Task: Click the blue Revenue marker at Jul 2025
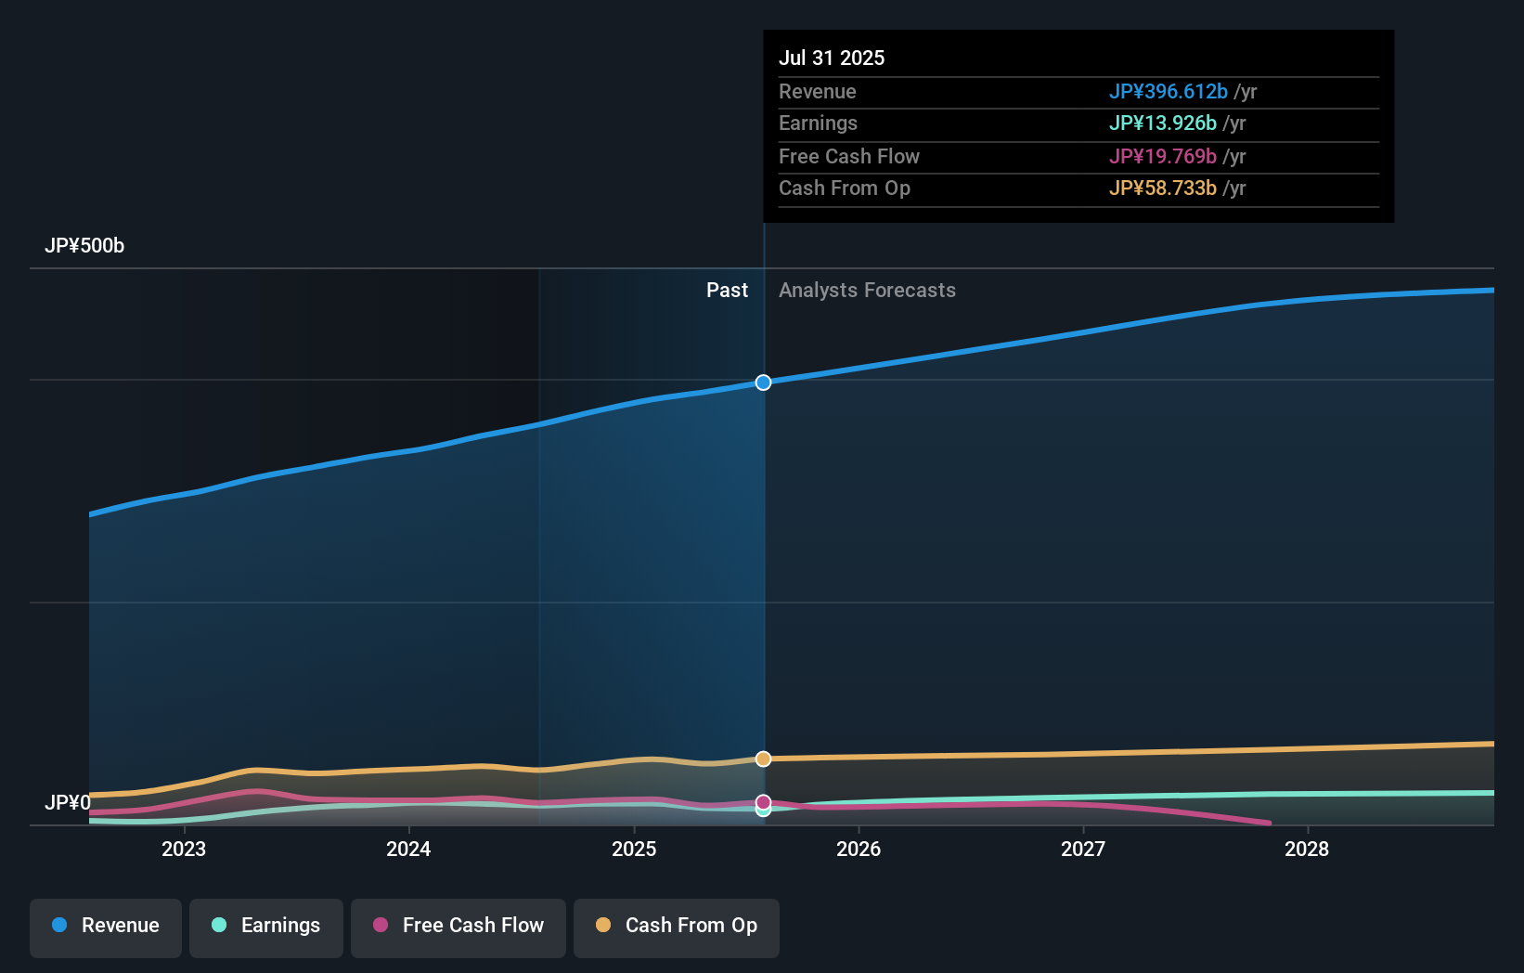[763, 383]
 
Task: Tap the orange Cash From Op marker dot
[763, 759]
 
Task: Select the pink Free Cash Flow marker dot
[763, 802]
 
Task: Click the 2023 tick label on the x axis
[184, 849]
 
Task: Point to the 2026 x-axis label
[859, 849]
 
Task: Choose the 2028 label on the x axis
[1307, 849]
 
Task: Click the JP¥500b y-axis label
[84, 246]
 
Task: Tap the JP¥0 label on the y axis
[68, 802]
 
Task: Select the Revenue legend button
[106, 926]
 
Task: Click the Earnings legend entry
[266, 926]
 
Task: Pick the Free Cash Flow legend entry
[458, 926]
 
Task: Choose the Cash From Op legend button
[677, 926]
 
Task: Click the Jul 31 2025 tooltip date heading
[832, 58]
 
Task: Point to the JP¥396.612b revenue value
[1168, 91]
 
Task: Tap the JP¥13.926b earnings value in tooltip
[1162, 123]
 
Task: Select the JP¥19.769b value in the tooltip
[1162, 156]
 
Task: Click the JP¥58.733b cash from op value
[1162, 188]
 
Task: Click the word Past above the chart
[727, 291]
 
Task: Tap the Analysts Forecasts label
[867, 291]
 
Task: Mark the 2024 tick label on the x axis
[408, 849]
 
